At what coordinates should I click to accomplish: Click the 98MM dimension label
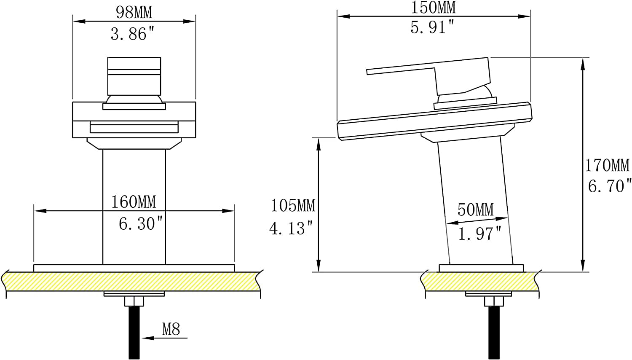point(134,13)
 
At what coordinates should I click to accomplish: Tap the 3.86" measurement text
point(133,34)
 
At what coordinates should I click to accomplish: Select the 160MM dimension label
point(134,202)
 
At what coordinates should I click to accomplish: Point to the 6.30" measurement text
point(141,224)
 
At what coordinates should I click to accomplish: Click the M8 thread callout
point(171,329)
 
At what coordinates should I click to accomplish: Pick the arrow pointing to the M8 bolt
point(165,338)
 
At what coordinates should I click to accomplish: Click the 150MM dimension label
point(433,8)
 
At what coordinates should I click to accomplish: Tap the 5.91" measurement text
point(433,28)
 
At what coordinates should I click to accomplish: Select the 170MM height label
point(607,165)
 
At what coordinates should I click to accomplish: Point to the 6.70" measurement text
point(609,186)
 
